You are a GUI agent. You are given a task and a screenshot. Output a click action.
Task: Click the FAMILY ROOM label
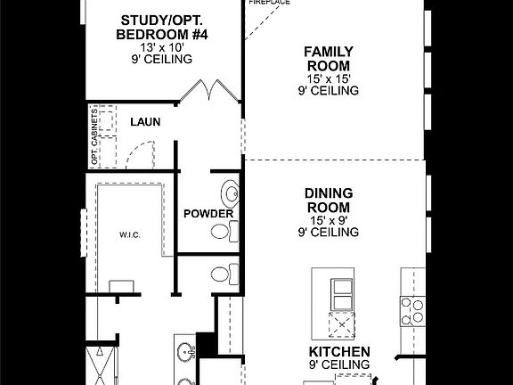(x=327, y=59)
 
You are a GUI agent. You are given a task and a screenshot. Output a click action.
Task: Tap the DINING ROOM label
(x=329, y=199)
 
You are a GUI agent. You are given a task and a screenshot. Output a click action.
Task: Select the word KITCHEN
(x=339, y=351)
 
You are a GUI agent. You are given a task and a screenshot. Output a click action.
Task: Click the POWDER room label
(x=208, y=214)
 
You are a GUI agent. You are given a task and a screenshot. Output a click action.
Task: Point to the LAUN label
(x=144, y=121)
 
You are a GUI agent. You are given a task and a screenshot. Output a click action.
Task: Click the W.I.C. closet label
(x=131, y=235)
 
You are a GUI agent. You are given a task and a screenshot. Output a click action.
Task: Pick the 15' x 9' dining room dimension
(x=329, y=219)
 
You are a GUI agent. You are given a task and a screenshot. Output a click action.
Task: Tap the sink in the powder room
(x=232, y=193)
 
